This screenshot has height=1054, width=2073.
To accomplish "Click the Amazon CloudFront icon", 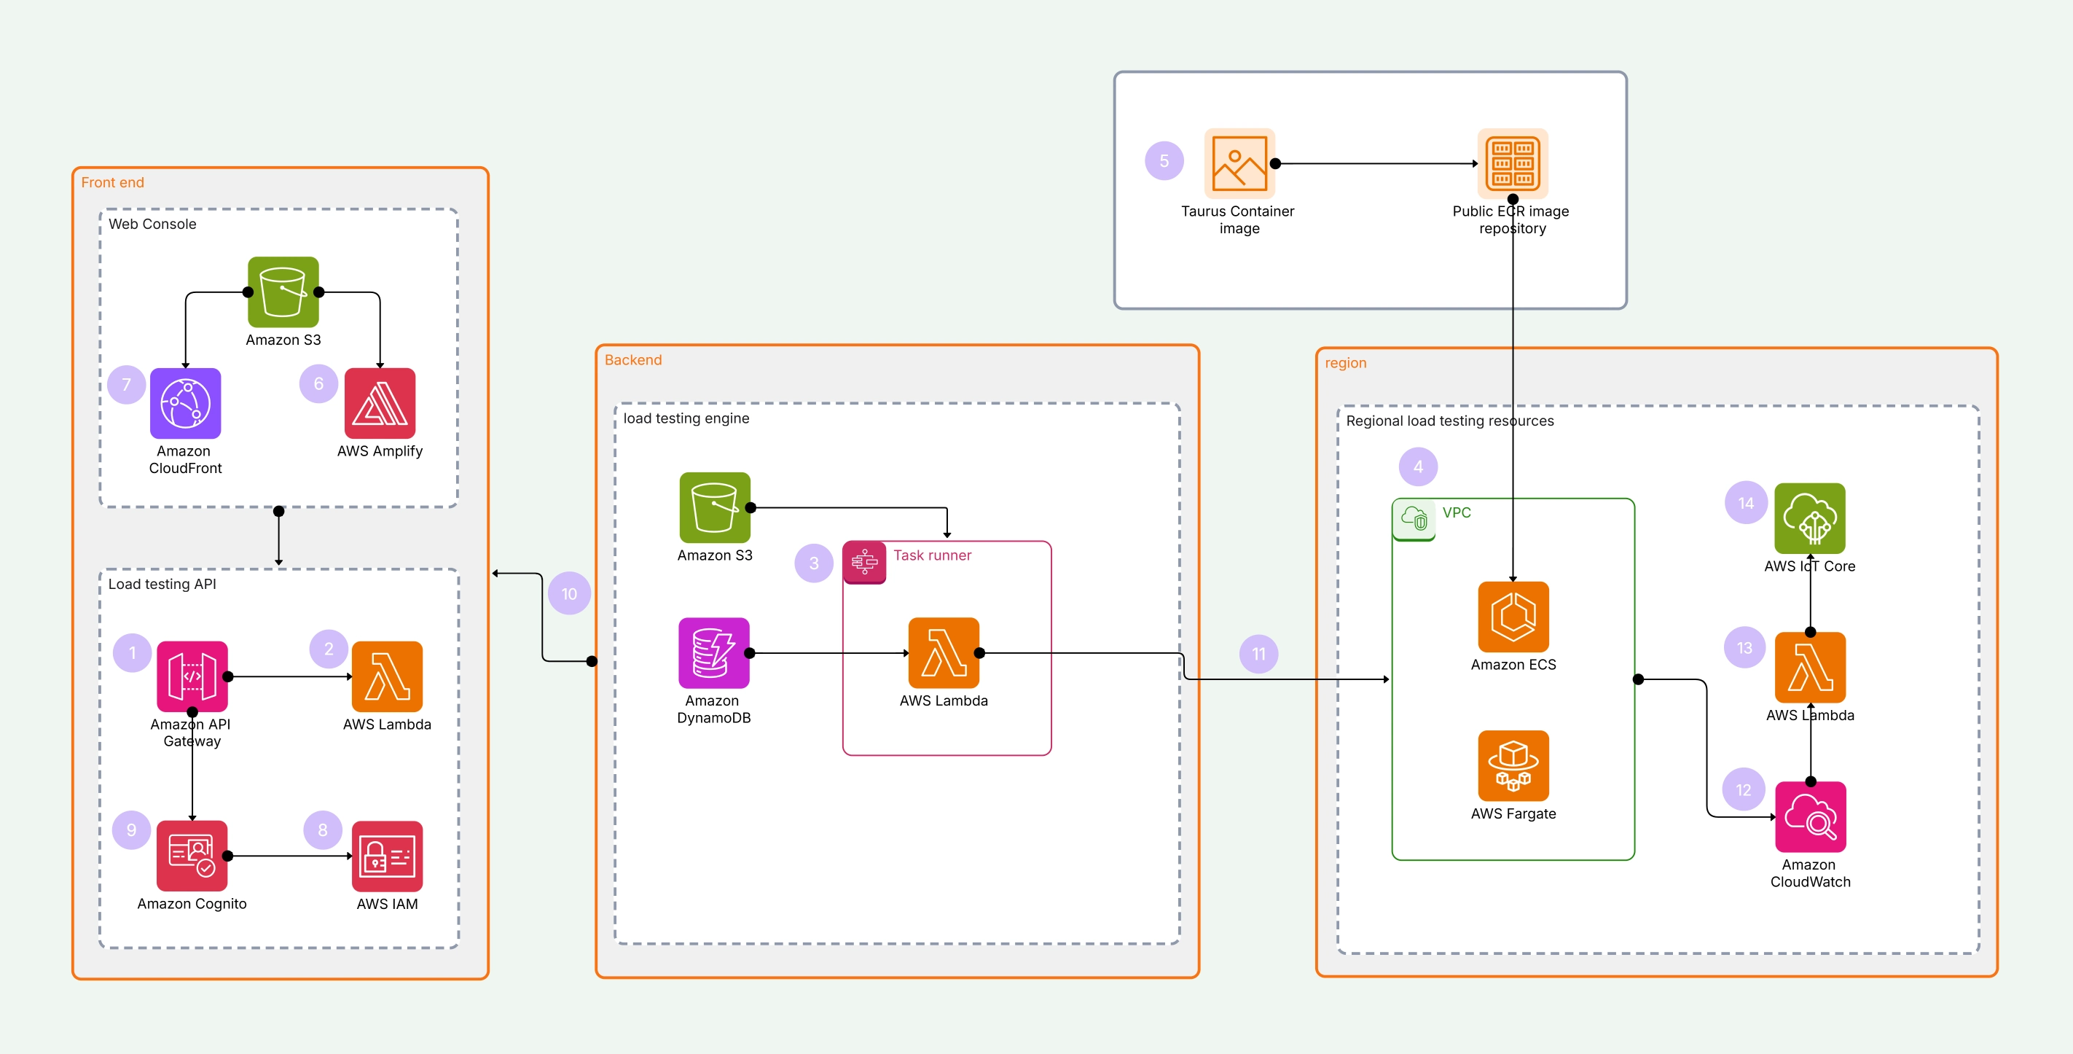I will tap(185, 403).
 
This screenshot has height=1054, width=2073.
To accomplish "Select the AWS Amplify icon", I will tap(380, 403).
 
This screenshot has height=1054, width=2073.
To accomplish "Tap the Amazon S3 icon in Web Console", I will tap(283, 292).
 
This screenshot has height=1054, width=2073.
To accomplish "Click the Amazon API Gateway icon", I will tap(192, 676).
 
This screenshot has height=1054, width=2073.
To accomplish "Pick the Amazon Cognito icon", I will tap(192, 856).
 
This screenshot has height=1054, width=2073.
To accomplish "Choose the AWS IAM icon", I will tap(387, 856).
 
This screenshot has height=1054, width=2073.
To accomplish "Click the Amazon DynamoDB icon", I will tap(714, 653).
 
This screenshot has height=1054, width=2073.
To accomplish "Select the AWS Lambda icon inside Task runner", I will tap(944, 653).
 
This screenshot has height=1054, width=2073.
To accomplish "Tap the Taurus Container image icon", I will tap(1239, 163).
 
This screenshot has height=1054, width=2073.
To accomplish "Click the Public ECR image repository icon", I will tap(1513, 163).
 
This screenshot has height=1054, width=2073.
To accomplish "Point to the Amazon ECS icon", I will tap(1513, 617).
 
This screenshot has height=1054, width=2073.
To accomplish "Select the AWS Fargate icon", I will tap(1513, 766).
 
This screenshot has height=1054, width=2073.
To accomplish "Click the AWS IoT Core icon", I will tap(1810, 518).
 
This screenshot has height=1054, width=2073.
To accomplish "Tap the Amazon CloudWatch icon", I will tap(1810, 817).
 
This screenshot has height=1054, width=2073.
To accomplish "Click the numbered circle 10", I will tap(569, 594).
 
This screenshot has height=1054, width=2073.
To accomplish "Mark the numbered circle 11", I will tap(1258, 655).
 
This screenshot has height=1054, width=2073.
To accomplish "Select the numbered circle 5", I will tap(1164, 161).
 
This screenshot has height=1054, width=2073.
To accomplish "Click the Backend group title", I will tap(633, 360).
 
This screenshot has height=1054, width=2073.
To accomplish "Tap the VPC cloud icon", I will tap(1414, 518).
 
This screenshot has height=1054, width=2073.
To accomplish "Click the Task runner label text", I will tap(932, 555).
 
